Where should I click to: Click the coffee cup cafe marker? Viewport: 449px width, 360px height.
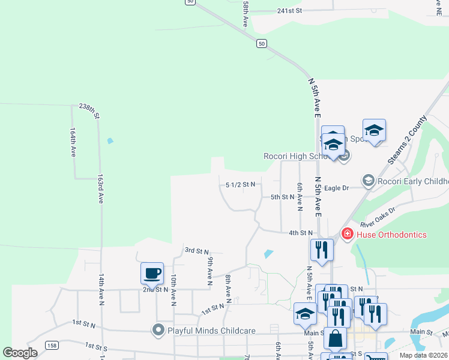152,273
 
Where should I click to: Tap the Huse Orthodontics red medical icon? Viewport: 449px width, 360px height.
346,234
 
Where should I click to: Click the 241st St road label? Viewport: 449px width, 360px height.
289,11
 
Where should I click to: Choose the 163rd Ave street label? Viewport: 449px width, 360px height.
100,189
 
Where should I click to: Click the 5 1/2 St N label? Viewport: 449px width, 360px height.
241,184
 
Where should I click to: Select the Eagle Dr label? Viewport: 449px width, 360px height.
337,188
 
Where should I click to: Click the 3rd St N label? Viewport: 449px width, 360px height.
196,251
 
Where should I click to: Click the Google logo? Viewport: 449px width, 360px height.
20,353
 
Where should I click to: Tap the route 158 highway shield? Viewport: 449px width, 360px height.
52,346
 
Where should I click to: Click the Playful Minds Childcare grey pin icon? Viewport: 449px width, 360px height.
158,330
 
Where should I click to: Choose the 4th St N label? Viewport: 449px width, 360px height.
301,233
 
